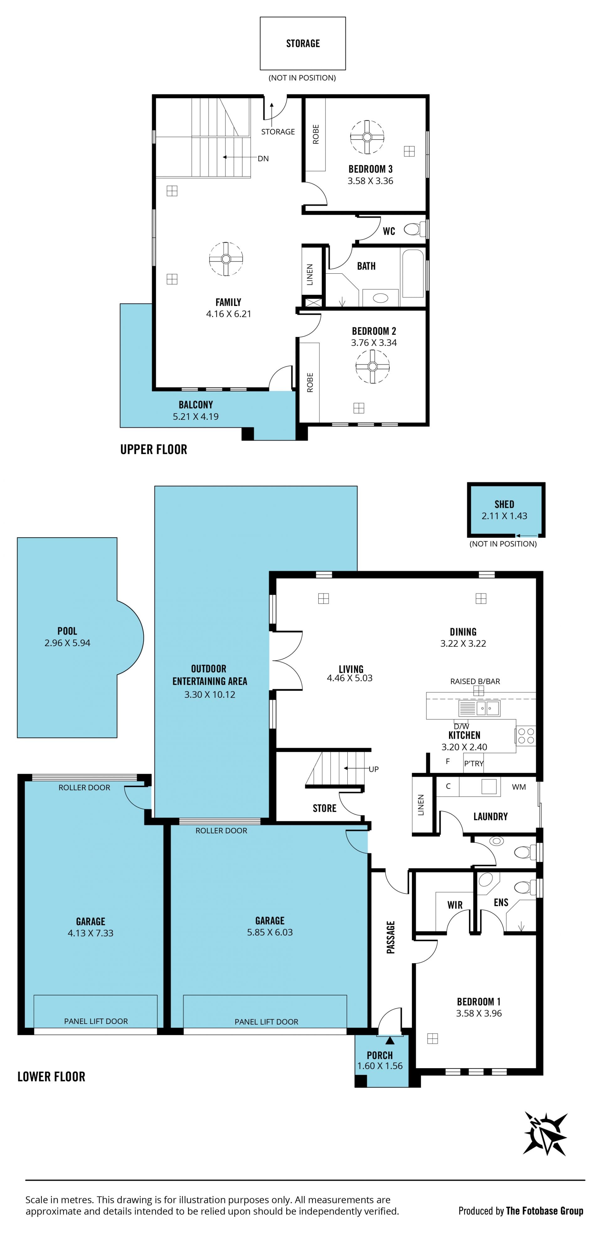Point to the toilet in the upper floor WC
click(415, 229)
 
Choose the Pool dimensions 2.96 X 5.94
click(67, 643)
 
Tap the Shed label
click(504, 504)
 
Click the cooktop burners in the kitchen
click(526, 736)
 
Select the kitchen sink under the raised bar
click(479, 708)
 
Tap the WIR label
click(455, 905)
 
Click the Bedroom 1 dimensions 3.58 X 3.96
click(479, 1013)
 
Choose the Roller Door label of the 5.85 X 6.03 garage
click(221, 831)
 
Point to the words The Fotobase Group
click(545, 1211)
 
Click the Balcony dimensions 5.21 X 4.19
click(196, 417)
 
